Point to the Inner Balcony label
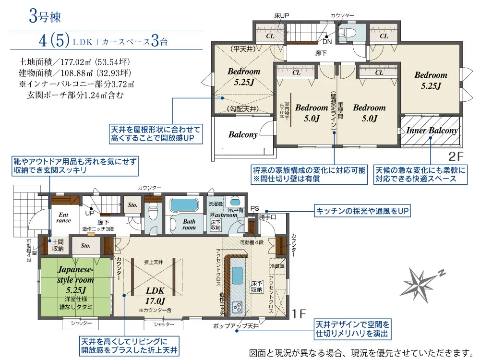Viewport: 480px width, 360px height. (x=432, y=131)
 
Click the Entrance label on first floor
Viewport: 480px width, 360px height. (x=63, y=217)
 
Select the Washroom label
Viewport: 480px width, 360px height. (x=224, y=215)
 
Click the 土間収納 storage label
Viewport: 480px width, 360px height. (x=58, y=245)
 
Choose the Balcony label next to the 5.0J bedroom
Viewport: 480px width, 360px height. (x=243, y=134)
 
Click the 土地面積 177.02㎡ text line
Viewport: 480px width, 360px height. (x=74, y=62)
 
